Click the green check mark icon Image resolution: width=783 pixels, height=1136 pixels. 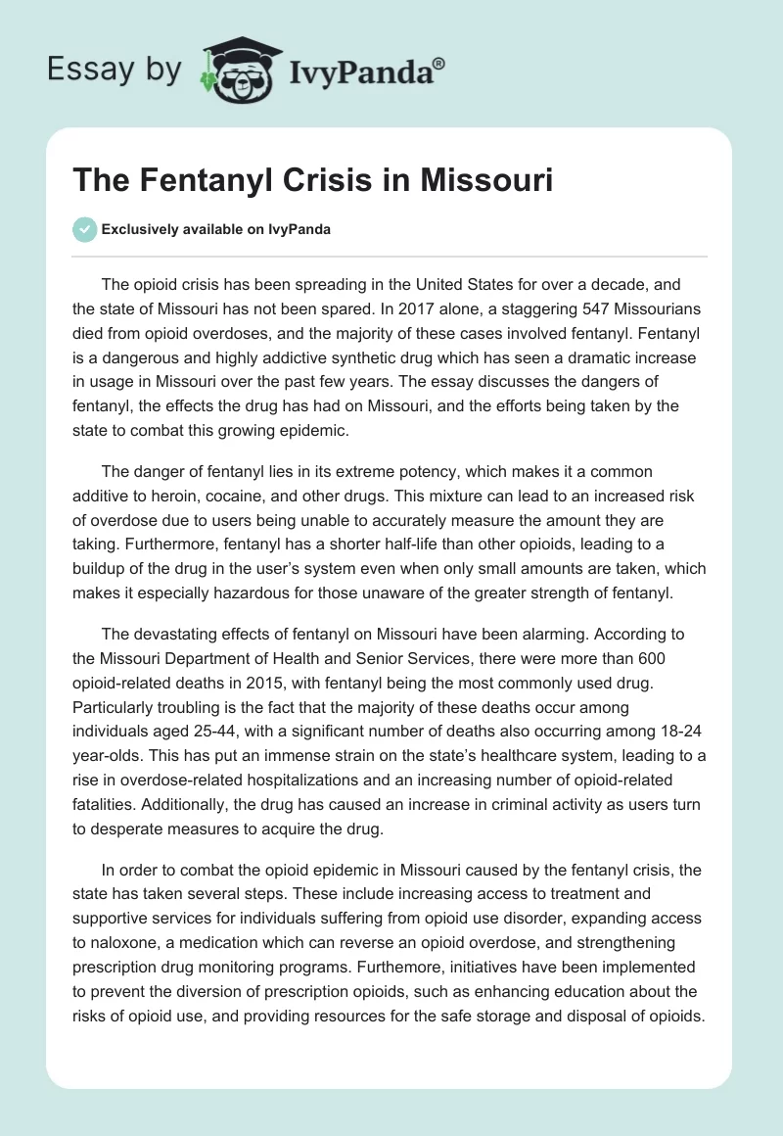tap(84, 229)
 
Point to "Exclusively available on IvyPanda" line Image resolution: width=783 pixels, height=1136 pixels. tap(216, 229)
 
